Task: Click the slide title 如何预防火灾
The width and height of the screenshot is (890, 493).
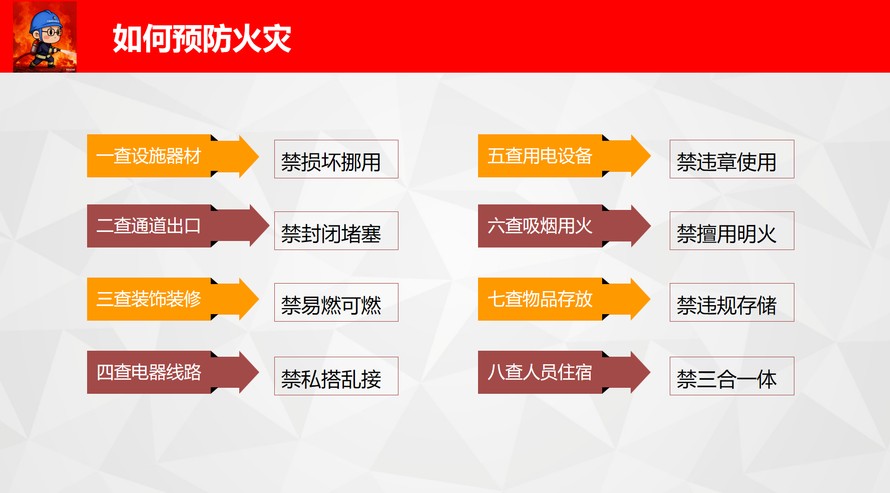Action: [x=202, y=39]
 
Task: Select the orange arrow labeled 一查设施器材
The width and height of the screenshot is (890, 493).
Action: [x=173, y=156]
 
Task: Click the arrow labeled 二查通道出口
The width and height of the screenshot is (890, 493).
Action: [x=178, y=225]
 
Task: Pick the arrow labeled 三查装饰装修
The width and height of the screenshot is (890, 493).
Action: [x=173, y=299]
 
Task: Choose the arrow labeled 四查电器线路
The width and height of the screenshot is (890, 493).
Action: [x=173, y=372]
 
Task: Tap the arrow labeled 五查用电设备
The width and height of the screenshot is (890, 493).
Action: [x=564, y=156]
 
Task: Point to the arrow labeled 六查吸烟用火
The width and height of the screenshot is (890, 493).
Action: [x=564, y=225]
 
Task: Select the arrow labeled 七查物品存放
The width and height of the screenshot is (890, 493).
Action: [x=564, y=299]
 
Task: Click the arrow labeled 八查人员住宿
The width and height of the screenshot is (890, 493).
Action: [x=564, y=372]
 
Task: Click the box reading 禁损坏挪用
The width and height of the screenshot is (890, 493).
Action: [x=336, y=159]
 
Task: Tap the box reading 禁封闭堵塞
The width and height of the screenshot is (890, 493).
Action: [x=336, y=231]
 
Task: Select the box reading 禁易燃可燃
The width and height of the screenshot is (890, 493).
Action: [x=336, y=303]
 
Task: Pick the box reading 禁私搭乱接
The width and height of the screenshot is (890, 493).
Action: [x=336, y=376]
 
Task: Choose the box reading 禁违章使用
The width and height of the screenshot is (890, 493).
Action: [x=732, y=159]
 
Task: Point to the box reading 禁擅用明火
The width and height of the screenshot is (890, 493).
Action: [x=732, y=231]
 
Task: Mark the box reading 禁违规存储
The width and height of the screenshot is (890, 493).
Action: [x=732, y=303]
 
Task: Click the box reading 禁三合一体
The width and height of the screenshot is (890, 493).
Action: [x=732, y=376]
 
